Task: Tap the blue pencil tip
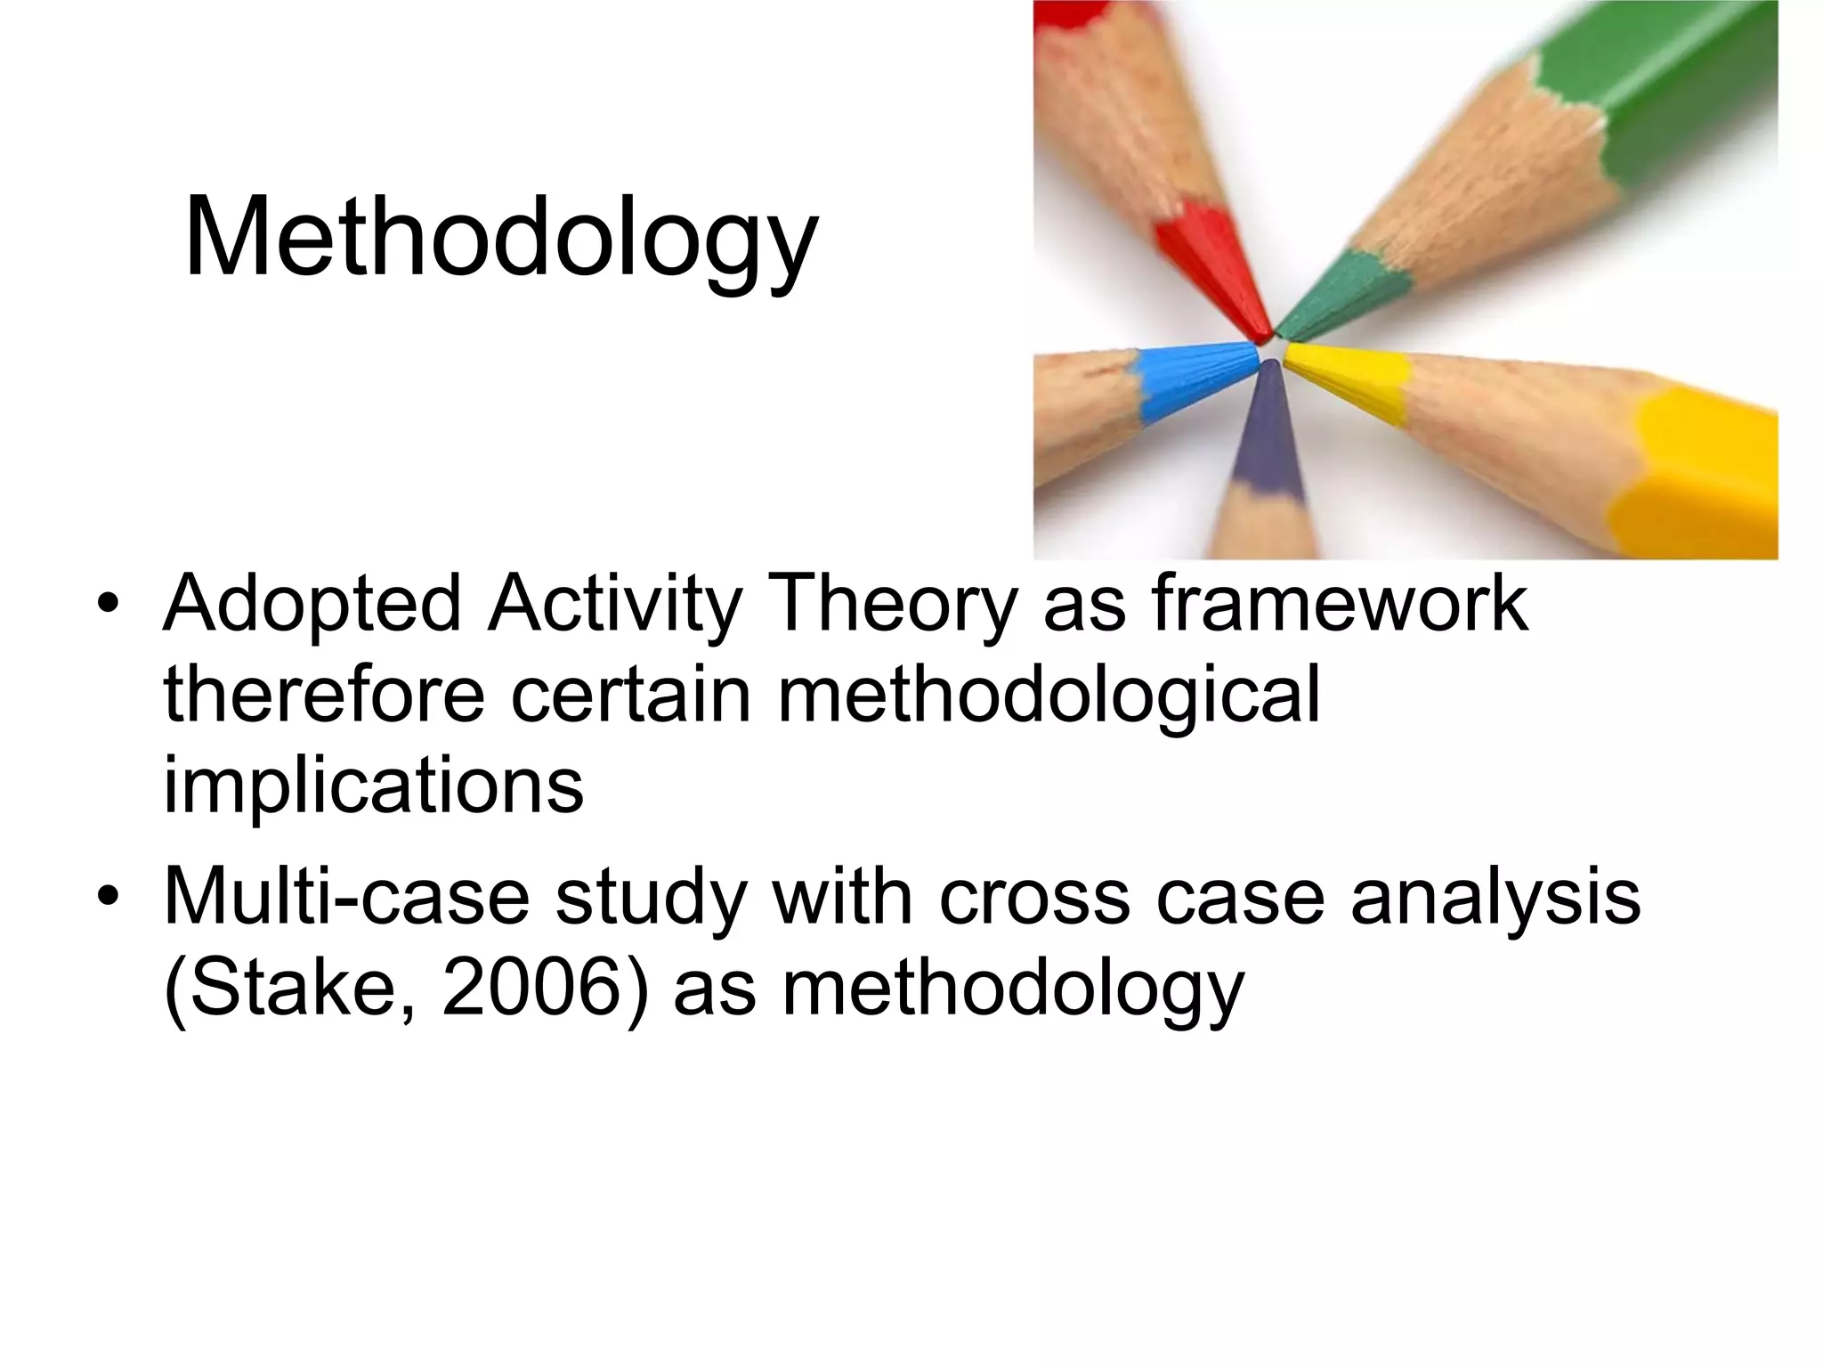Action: [x=1202, y=379]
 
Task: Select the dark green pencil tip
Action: [x=1335, y=294]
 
